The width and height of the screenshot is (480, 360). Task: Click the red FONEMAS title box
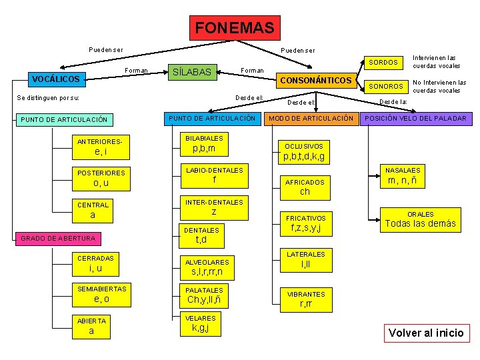[235, 28]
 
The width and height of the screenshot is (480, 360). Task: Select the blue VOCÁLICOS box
[56, 79]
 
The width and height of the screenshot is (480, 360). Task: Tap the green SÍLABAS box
[192, 72]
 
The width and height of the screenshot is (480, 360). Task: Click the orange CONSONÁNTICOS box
[316, 81]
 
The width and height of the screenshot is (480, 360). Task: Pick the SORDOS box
[384, 63]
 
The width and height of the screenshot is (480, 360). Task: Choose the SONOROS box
[387, 87]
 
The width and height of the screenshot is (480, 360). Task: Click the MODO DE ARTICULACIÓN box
[311, 119]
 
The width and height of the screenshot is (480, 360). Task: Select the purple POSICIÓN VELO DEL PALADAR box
[416, 119]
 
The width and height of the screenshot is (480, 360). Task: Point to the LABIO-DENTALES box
[214, 175]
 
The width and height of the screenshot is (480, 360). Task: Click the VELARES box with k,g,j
[201, 323]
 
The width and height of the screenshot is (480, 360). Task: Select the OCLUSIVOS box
[304, 152]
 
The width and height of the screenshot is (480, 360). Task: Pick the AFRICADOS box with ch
[305, 187]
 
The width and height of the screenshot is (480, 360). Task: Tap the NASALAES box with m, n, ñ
[402, 176]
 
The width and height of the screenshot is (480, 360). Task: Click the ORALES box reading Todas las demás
[420, 220]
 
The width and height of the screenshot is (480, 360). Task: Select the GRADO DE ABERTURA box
[59, 238]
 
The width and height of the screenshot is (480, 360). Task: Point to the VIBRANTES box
[306, 299]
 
